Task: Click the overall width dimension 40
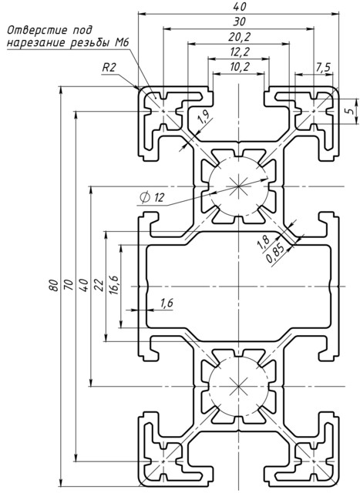click(x=239, y=6)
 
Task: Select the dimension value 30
click(x=239, y=21)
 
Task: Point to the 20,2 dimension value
click(x=239, y=36)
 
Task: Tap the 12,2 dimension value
click(x=239, y=52)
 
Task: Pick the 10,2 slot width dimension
click(x=239, y=67)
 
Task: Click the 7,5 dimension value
click(x=323, y=68)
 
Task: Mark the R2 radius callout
click(x=109, y=68)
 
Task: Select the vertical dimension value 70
click(x=69, y=286)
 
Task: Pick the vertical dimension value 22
click(x=98, y=286)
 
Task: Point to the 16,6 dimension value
click(x=113, y=286)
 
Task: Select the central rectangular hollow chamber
click(x=239, y=286)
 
